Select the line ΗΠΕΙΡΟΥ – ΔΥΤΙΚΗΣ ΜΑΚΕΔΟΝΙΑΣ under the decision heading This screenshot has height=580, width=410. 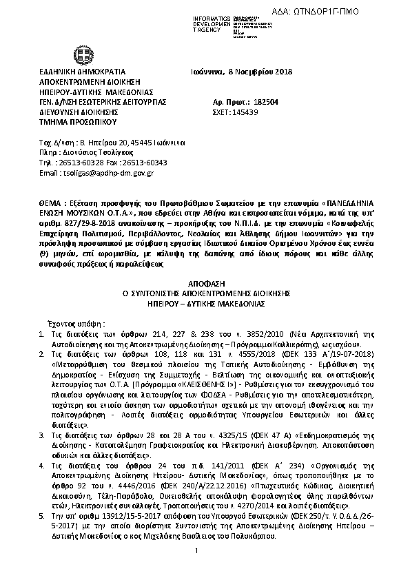pyautogui.click(x=205, y=303)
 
